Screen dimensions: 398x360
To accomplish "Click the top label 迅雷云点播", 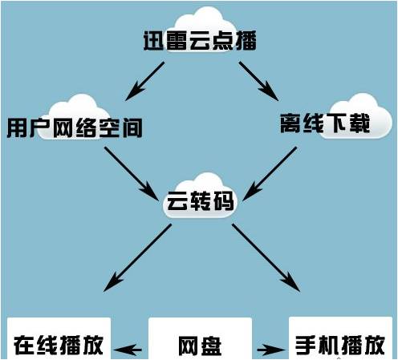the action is click(200, 41).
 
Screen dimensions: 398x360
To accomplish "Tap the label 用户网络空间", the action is click(75, 127).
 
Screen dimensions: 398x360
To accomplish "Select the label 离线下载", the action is click(325, 123).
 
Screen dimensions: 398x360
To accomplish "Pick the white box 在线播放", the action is click(59, 338).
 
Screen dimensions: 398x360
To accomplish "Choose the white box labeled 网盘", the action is click(200, 338).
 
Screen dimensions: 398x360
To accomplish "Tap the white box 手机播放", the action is click(340, 338).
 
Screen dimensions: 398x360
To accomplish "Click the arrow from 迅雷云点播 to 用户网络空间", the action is click(144, 81).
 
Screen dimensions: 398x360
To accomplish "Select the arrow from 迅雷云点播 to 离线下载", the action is click(258, 81).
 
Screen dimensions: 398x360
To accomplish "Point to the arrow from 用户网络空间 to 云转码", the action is click(132, 173).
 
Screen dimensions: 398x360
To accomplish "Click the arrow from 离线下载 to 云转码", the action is click(270, 174).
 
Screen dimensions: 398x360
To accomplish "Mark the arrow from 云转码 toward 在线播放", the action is click(137, 257).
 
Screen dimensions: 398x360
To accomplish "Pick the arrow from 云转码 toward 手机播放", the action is click(266, 257).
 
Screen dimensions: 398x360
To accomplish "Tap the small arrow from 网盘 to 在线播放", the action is click(128, 350).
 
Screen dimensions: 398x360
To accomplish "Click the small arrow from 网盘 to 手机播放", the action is click(271, 350).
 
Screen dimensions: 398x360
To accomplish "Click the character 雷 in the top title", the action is click(177, 41).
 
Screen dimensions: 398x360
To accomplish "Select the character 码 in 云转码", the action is click(224, 200).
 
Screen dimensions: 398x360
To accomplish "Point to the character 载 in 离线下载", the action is click(359, 123).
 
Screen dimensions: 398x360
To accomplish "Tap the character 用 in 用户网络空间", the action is click(17, 127).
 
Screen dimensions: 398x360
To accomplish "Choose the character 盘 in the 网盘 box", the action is click(211, 346).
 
